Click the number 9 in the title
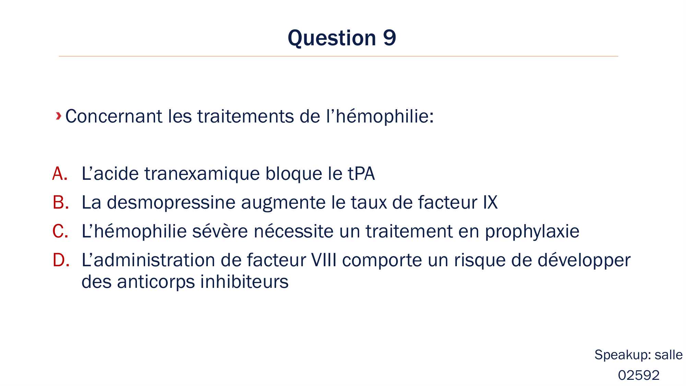click(389, 38)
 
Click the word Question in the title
click(332, 38)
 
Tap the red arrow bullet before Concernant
click(59, 116)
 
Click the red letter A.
click(60, 174)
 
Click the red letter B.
click(61, 202)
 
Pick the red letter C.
click(60, 231)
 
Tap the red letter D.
click(61, 260)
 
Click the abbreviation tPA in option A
click(361, 174)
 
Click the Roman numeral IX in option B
click(490, 202)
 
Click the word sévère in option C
click(220, 231)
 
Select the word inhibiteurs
click(244, 282)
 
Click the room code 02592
click(639, 375)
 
